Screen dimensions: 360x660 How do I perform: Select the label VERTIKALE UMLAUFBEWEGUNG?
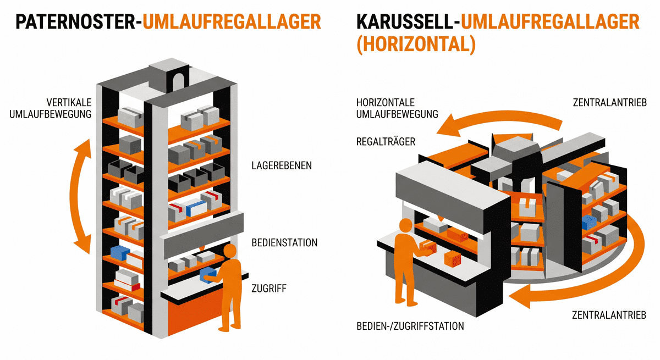69,108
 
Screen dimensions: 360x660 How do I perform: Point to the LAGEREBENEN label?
282,165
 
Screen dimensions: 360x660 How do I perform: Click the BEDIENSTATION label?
284,242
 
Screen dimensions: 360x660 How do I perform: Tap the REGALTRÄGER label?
386,142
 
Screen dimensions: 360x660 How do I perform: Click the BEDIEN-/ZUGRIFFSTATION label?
410,326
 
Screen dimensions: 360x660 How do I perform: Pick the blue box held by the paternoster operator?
208,274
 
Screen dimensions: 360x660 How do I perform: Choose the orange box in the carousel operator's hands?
427,246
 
